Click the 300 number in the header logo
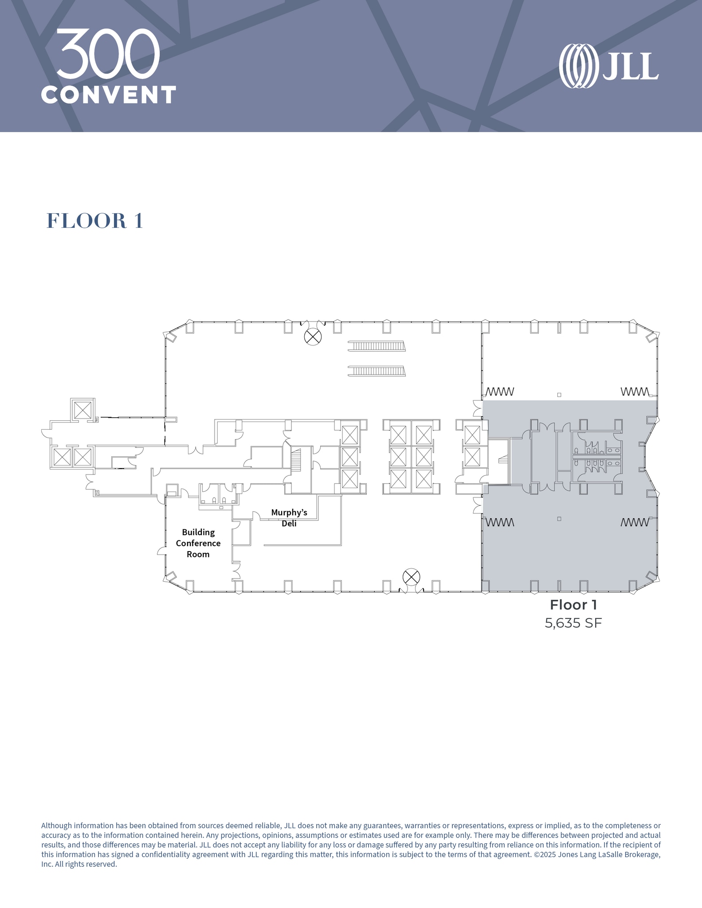pyautogui.click(x=108, y=54)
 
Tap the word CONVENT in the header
pyautogui.click(x=109, y=95)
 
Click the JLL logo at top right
pyautogui.click(x=608, y=66)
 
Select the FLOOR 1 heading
pyautogui.click(x=95, y=221)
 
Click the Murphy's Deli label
pyautogui.click(x=289, y=518)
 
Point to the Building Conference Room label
pyautogui.click(x=198, y=543)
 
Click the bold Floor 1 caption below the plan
pyautogui.click(x=573, y=605)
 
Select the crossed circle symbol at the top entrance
pyautogui.click(x=313, y=337)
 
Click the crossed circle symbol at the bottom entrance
pyautogui.click(x=411, y=577)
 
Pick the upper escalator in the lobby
pyautogui.click(x=376, y=346)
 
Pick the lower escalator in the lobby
pyautogui.click(x=376, y=371)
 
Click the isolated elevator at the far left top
pyautogui.click(x=82, y=410)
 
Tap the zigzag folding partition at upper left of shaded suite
pyautogui.click(x=500, y=392)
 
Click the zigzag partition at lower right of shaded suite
pyautogui.click(x=635, y=522)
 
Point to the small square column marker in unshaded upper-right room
pyautogui.click(x=559, y=395)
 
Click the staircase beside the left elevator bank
pyautogui.click(x=296, y=460)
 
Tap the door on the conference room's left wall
pyautogui.click(x=161, y=551)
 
